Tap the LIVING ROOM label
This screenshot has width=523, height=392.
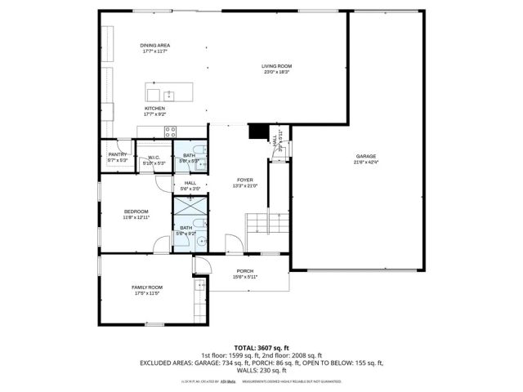[277, 66]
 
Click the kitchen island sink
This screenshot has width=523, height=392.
[168, 91]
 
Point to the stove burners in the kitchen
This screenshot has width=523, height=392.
[171, 131]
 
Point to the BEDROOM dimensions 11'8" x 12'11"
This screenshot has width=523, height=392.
[136, 218]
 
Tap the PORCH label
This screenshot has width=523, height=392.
[245, 271]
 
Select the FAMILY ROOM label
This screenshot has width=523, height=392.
[148, 287]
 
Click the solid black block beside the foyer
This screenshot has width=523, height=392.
[258, 133]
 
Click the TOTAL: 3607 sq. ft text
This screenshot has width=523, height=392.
[261, 348]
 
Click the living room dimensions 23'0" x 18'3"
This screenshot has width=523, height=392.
[277, 72]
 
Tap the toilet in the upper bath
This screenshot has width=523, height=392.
[196, 162]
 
